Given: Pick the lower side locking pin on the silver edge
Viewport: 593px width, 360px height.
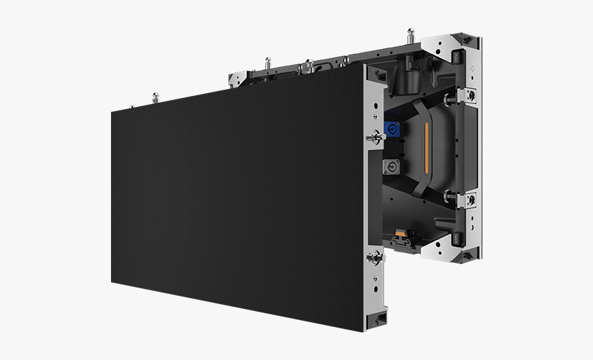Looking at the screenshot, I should pyautogui.click(x=375, y=258).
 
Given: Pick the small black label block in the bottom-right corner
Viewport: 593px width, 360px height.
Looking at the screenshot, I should pyautogui.click(x=456, y=239).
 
